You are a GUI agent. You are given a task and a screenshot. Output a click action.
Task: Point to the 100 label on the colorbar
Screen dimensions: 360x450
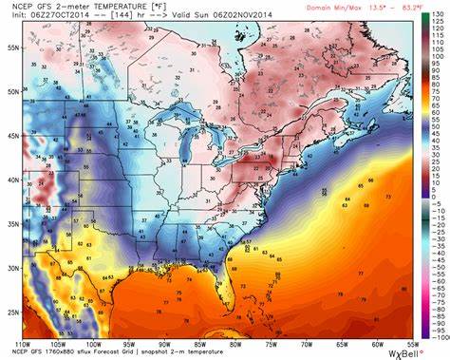(x=438, y=48)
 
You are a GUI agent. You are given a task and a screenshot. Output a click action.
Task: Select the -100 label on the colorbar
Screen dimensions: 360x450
(x=438, y=336)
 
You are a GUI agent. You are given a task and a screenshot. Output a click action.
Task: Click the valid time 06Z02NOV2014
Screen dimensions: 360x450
(x=223, y=15)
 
